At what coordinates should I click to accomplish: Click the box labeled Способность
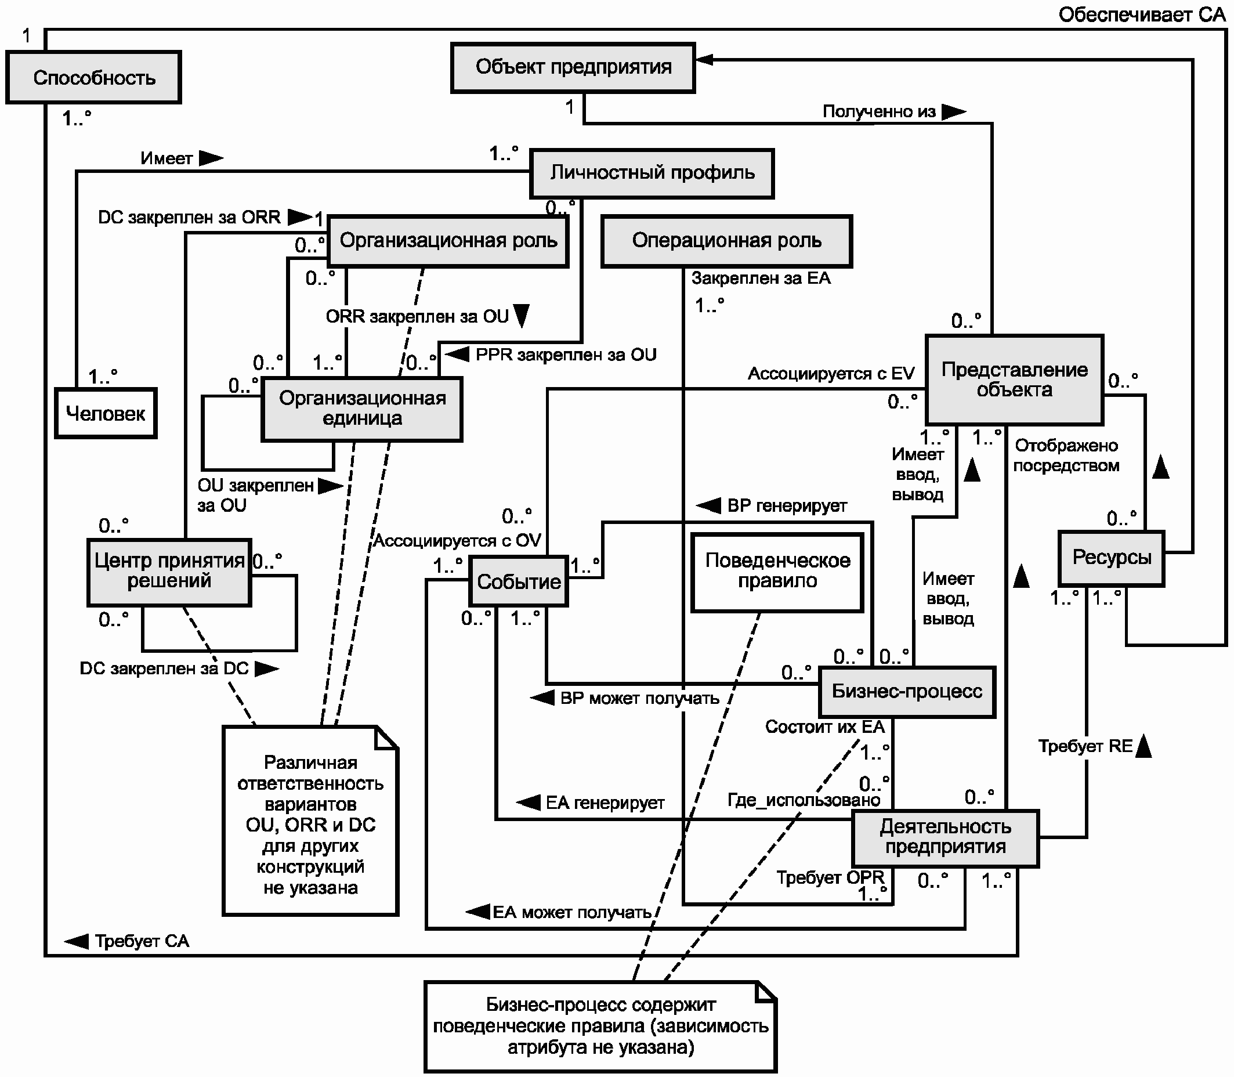(x=94, y=78)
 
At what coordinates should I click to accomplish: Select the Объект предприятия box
(x=573, y=67)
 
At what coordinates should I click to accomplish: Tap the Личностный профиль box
(x=652, y=173)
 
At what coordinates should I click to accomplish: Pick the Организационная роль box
(x=448, y=241)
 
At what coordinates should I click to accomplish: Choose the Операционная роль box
(x=726, y=241)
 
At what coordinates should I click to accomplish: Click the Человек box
(x=106, y=413)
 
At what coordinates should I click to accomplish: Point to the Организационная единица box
(x=361, y=409)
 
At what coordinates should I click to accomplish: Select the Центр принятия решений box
(x=169, y=572)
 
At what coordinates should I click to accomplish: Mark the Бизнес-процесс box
(x=907, y=692)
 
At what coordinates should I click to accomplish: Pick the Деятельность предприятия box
(x=945, y=839)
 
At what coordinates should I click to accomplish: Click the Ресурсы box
(x=1112, y=558)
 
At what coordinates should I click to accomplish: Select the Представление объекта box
(x=1015, y=380)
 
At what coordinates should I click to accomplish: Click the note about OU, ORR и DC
(x=310, y=821)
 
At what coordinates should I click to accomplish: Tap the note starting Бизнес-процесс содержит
(x=600, y=1027)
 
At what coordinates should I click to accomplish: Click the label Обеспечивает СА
(x=1142, y=15)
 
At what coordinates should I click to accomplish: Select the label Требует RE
(x=1085, y=746)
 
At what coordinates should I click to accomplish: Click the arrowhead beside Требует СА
(x=77, y=941)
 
